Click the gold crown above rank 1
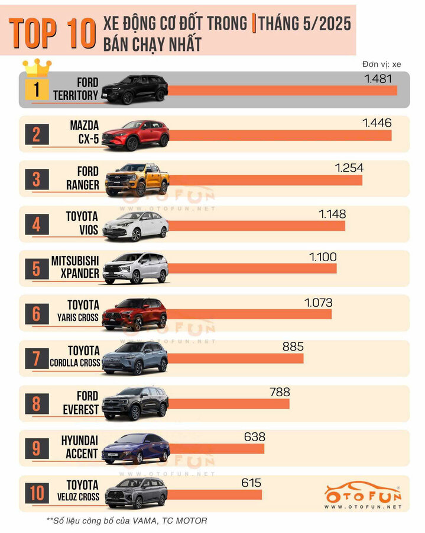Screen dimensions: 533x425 coord(37,66)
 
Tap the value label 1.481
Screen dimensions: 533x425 coord(379,79)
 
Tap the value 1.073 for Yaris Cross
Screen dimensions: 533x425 coord(318,303)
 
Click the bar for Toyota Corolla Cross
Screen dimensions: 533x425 coord(236,358)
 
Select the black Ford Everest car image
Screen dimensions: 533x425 coord(135,403)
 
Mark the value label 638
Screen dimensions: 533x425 coord(254,437)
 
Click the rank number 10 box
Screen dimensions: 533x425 coord(37,493)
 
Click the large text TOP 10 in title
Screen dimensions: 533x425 coord(53,33)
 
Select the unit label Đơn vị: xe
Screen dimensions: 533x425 coord(381,64)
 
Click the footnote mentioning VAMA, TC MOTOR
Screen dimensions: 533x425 coord(126,521)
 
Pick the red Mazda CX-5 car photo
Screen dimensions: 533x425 coord(135,134)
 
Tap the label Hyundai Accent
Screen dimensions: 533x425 coord(80,447)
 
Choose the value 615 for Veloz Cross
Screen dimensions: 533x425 coord(251,483)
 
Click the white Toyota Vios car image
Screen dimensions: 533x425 coord(135,225)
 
